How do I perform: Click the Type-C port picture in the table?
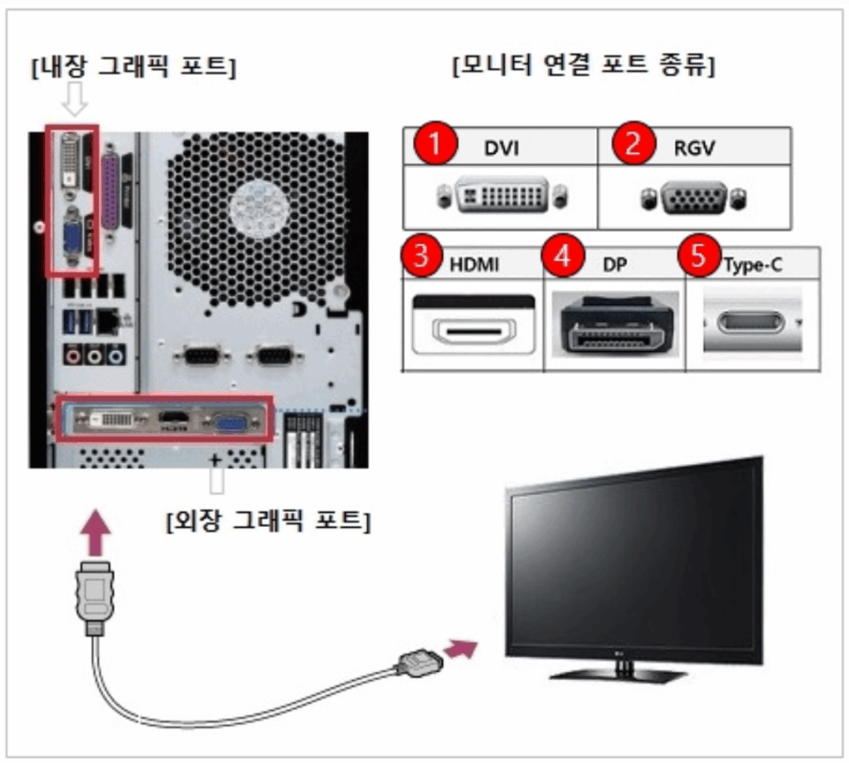pos(750,322)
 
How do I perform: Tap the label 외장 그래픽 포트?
pos(268,520)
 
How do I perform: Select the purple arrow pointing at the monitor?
pos(461,648)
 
